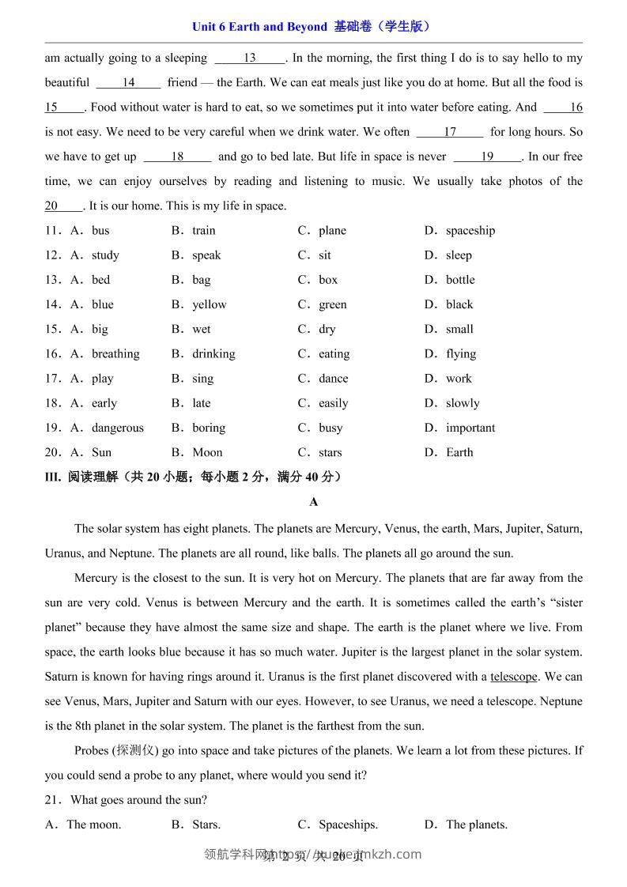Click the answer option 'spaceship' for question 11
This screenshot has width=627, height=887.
[470, 231]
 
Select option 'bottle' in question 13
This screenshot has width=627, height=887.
[460, 280]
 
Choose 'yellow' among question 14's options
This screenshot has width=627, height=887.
[209, 304]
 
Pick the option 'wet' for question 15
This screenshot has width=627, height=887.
[202, 329]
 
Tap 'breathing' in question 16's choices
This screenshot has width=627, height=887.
[115, 353]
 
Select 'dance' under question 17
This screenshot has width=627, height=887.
[333, 379]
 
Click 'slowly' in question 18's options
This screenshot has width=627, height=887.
[463, 403]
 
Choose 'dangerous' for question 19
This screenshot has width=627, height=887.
[118, 428]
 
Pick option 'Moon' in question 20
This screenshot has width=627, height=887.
[207, 452]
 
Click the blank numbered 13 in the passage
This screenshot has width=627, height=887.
[250, 58]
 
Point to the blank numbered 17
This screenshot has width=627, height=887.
[450, 132]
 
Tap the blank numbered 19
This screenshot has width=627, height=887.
[487, 157]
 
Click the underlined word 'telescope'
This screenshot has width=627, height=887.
[514, 677]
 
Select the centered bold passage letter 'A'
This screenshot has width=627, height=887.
[314, 502]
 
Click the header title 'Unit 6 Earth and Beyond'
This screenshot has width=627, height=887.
[259, 27]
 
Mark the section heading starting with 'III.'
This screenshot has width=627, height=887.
[194, 477]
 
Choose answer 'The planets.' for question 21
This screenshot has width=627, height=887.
[476, 825]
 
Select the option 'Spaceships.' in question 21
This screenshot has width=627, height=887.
[348, 825]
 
